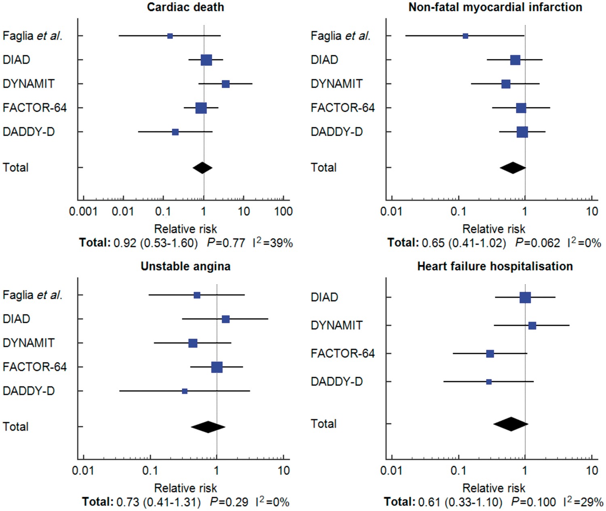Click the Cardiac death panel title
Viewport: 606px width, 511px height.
[185, 7]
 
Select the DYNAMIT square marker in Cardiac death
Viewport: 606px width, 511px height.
[225, 84]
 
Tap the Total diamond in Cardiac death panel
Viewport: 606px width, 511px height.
[202, 168]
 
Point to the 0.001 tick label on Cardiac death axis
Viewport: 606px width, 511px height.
[83, 212]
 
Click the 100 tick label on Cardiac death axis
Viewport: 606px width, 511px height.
[283, 212]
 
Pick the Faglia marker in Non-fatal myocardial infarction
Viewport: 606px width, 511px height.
[465, 36]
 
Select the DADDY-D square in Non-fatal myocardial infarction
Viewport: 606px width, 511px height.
[522, 132]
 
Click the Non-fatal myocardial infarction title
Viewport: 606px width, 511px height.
[495, 7]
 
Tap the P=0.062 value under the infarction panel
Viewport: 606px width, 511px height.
[538, 243]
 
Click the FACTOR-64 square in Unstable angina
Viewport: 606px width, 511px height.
[217, 367]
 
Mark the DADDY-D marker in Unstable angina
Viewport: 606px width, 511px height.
[185, 391]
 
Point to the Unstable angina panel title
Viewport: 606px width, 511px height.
[185, 266]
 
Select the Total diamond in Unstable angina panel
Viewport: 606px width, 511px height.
[208, 427]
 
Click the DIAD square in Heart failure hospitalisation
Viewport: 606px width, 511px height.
[525, 298]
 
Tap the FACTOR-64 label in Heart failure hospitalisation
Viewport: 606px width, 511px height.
[343, 354]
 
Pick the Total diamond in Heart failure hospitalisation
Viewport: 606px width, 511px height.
[511, 424]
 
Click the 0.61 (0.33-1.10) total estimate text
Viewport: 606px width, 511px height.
[461, 502]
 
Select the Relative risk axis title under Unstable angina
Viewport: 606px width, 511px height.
[185, 488]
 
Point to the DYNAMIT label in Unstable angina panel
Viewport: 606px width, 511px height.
[28, 343]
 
